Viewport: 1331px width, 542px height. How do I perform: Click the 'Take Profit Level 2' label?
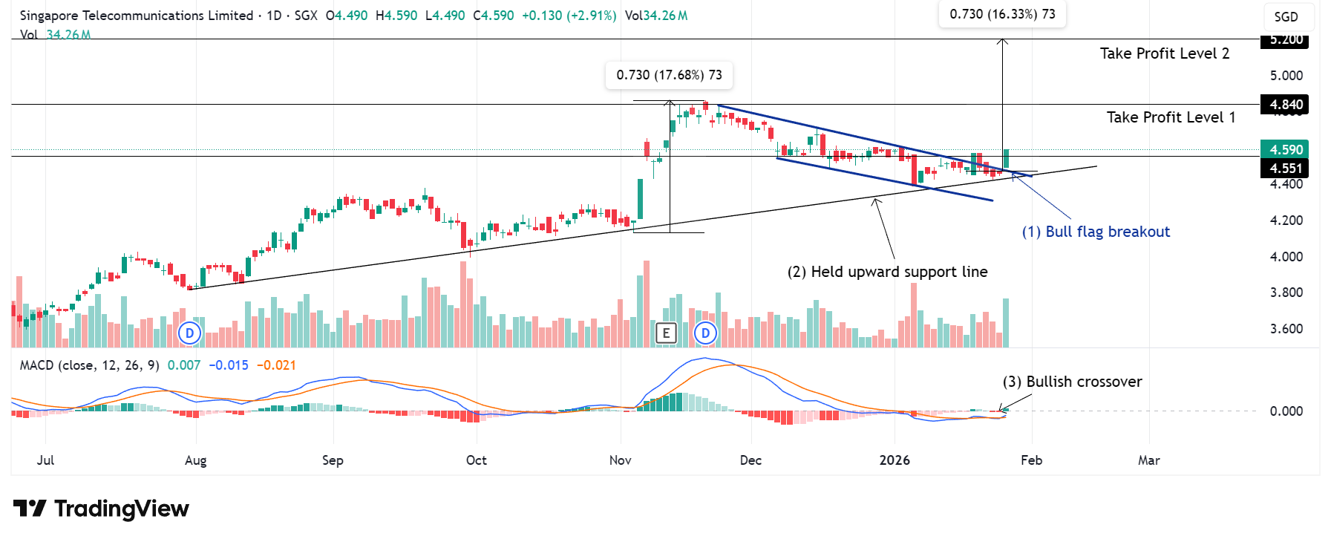(1164, 53)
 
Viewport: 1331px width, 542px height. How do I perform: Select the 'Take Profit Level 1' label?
(1171, 117)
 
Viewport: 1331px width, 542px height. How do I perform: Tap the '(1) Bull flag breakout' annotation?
(1096, 232)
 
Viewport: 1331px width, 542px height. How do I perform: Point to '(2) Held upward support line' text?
(887, 272)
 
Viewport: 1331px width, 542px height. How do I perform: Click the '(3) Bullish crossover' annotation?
(1072, 382)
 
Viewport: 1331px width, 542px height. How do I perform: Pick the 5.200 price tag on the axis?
(1285, 40)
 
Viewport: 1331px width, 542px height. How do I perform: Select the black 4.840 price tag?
(1285, 105)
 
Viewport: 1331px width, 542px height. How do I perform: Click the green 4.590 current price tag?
(1285, 150)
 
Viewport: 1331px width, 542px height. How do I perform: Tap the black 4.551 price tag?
(1285, 169)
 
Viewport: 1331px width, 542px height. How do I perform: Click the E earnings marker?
(666, 333)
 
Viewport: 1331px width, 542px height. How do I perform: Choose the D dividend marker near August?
(190, 333)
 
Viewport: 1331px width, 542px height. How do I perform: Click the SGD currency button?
(1286, 17)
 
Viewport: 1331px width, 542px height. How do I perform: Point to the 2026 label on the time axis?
(895, 460)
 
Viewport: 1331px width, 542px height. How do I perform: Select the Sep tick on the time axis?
(333, 460)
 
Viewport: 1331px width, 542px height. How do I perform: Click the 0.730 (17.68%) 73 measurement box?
(669, 75)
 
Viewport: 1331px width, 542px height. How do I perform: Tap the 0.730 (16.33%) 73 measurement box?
(1002, 14)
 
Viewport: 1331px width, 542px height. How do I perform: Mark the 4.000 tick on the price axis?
(1286, 257)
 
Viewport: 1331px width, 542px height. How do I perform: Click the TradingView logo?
(102, 509)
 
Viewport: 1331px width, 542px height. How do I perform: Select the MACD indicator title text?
(89, 365)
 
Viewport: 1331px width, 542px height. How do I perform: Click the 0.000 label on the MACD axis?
(1286, 411)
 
